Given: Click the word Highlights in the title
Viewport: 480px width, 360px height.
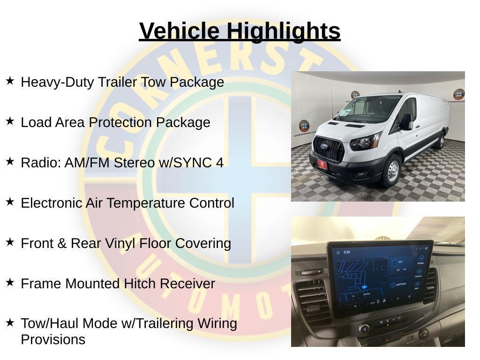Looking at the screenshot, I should coord(284,31).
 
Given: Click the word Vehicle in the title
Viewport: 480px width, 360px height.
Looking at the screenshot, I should coord(179,31).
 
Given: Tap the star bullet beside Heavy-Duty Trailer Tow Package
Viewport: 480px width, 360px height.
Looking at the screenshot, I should coord(10,81).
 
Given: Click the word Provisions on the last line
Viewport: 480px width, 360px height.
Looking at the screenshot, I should coord(53,339).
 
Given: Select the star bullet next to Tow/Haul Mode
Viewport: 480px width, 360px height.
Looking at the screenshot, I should coord(10,323).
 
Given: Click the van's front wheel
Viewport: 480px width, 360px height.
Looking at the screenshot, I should coord(391,171).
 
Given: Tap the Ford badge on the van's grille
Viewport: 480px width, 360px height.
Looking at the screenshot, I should coord(323,146).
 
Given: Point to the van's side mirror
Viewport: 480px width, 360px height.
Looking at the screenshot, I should coord(405,121).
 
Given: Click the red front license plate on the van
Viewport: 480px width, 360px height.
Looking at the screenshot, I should coord(322,165).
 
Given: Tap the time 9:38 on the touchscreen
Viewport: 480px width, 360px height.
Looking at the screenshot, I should coord(347,252).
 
